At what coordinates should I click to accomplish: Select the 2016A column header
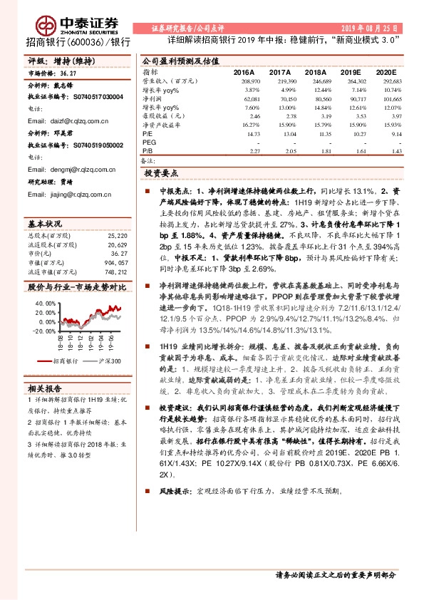[244, 73]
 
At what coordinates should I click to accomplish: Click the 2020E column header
[386, 73]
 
